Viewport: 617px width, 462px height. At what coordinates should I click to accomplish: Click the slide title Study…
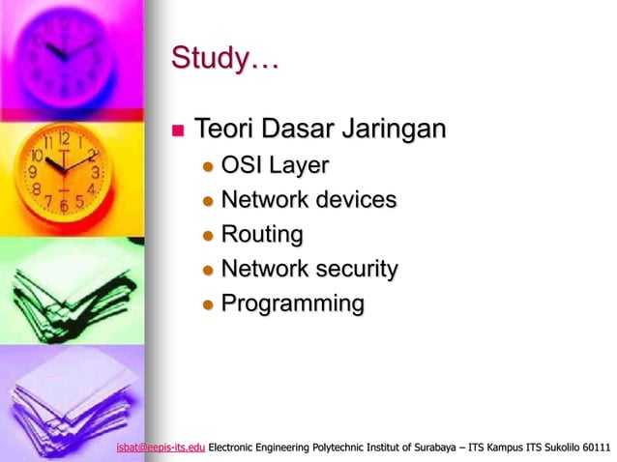[x=224, y=59]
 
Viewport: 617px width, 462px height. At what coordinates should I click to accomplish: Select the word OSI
[x=241, y=165]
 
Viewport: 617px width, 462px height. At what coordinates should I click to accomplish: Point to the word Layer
[x=298, y=165]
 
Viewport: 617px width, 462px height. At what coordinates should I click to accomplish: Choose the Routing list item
[x=261, y=235]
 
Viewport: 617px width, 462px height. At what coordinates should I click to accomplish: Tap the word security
[x=353, y=269]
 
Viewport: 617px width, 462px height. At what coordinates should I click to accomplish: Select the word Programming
[x=292, y=304]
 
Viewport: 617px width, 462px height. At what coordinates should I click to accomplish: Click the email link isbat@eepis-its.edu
[x=160, y=448]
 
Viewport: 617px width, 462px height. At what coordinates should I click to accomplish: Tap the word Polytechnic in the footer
[x=332, y=448]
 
